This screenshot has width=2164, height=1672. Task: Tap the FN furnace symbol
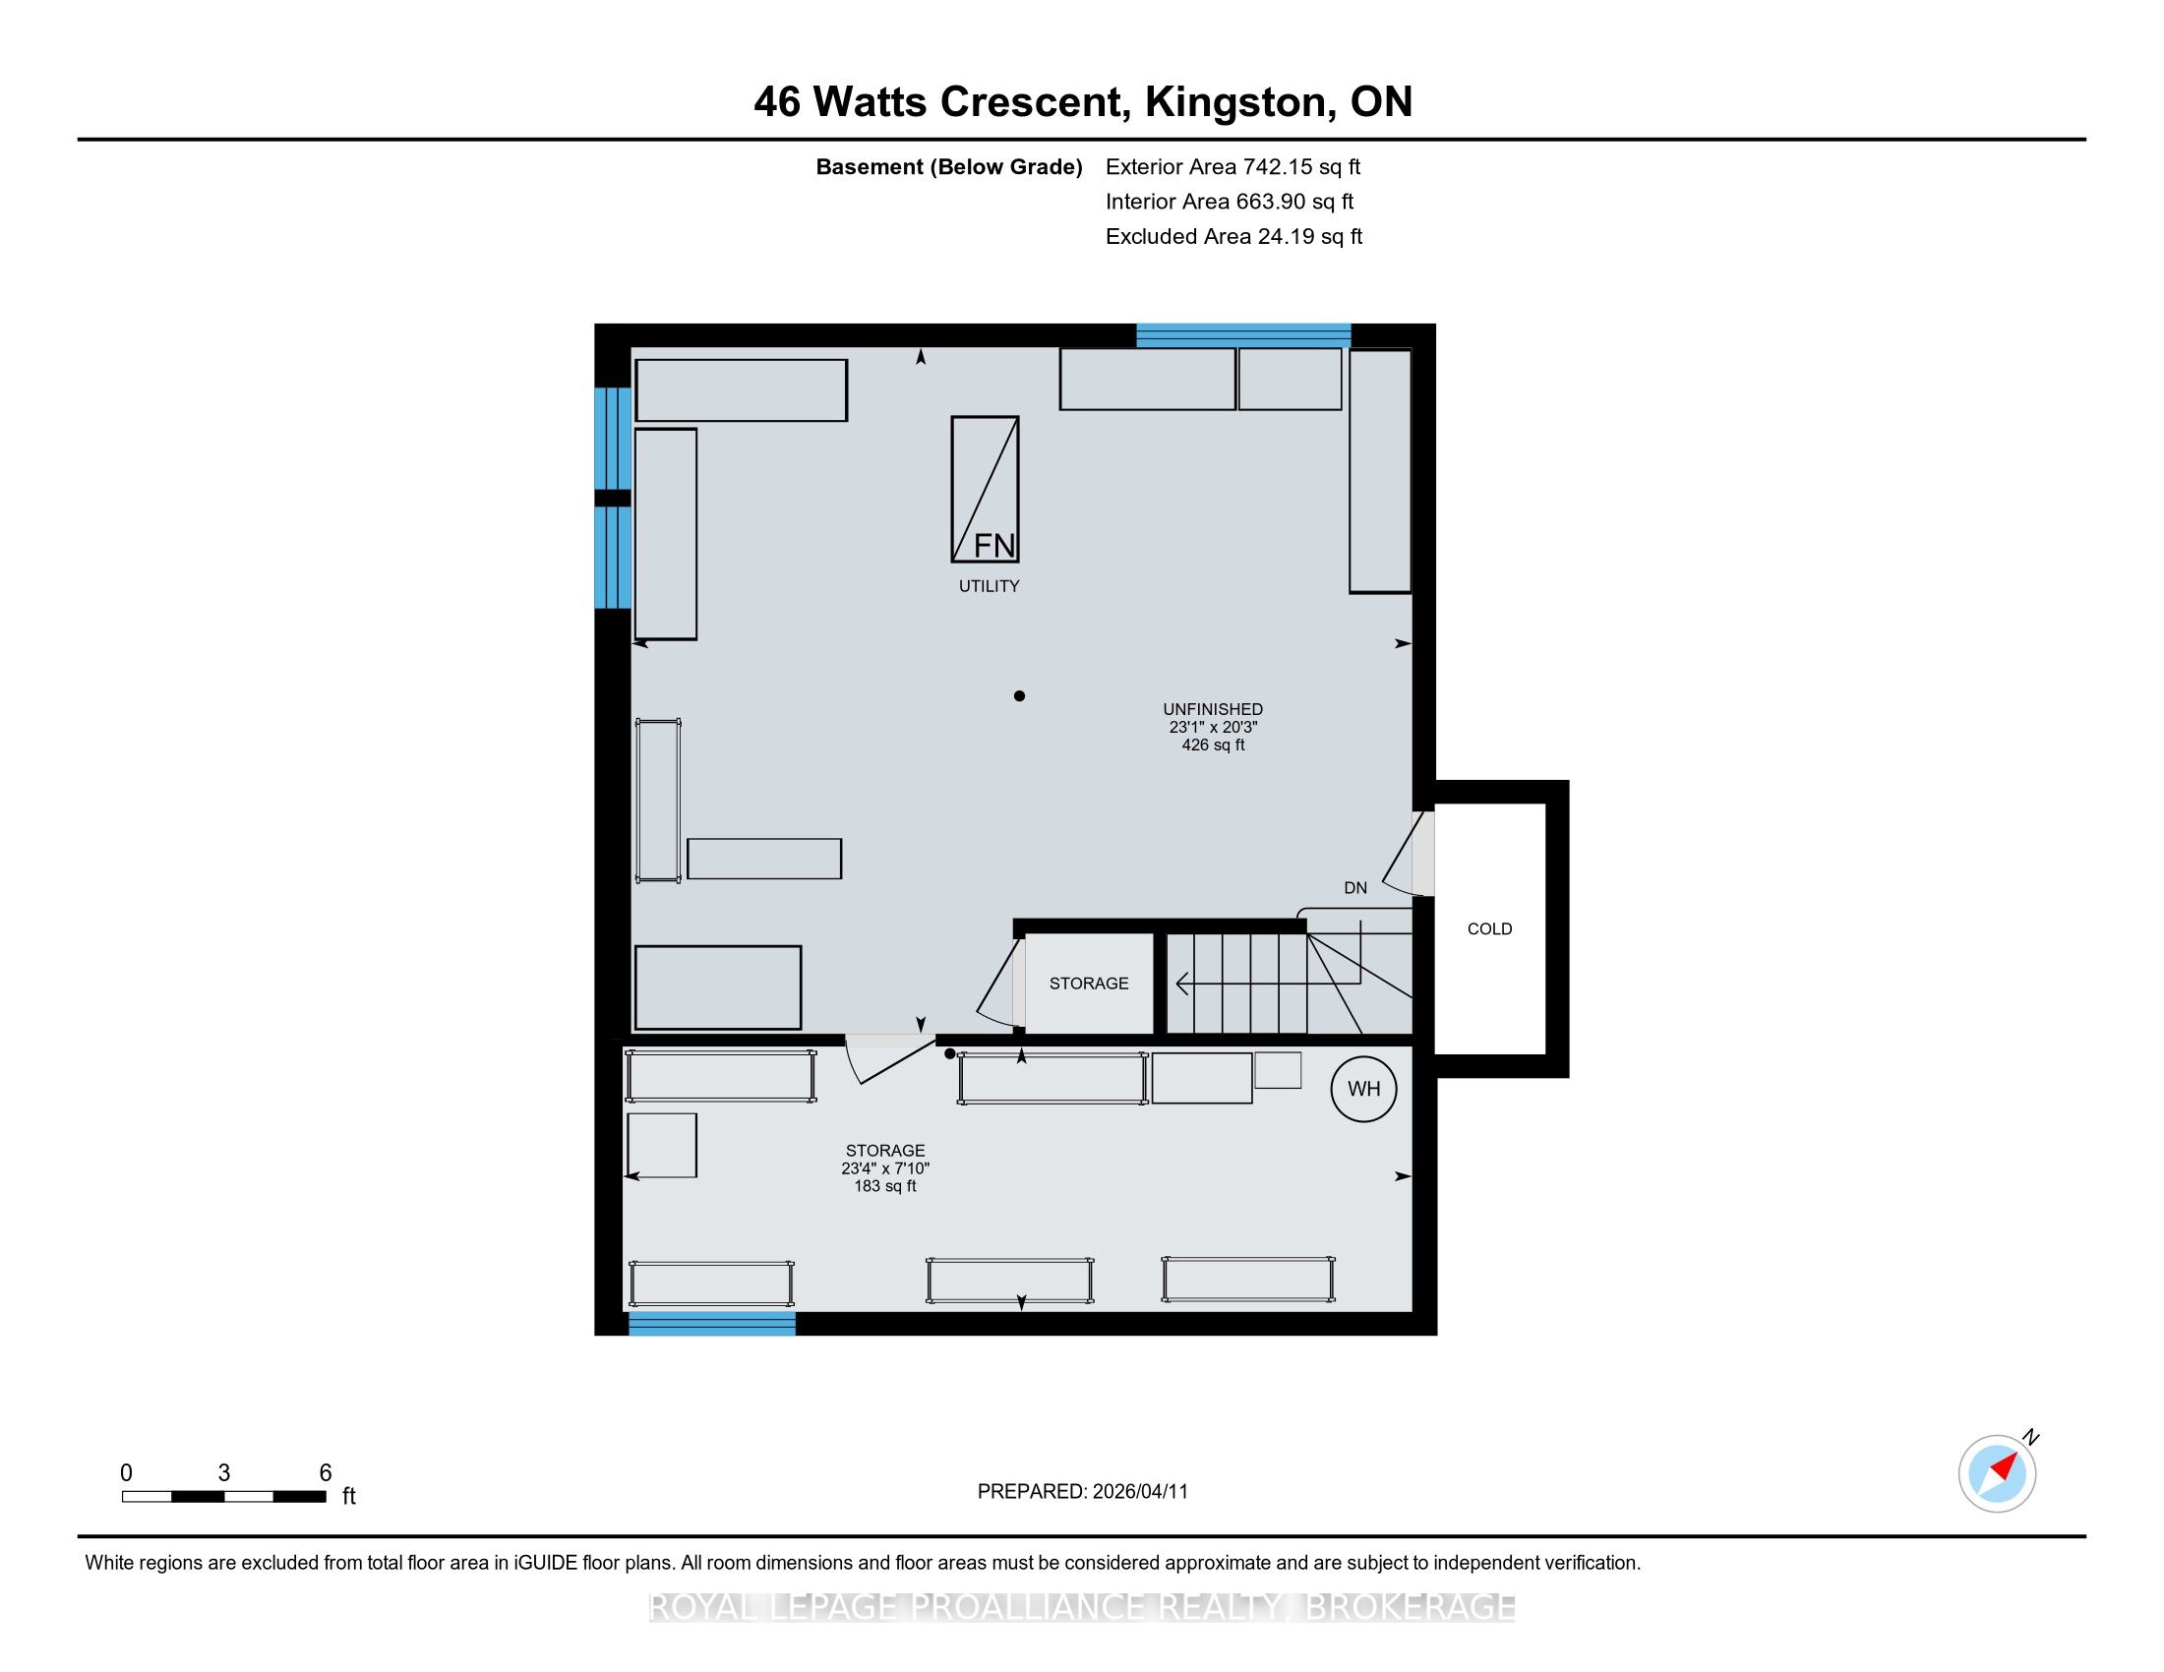(985, 490)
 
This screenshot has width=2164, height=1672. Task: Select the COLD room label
(1489, 929)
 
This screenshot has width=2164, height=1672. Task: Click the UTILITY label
(989, 586)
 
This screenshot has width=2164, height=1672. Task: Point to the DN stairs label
(1355, 887)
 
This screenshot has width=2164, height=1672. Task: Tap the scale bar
(225, 1497)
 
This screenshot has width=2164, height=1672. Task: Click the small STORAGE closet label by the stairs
(1089, 984)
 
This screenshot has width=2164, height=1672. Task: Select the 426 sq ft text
(1213, 745)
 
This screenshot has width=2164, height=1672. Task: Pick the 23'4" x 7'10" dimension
(885, 1168)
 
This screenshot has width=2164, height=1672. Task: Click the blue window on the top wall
(1243, 335)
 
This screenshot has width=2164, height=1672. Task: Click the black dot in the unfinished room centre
(1019, 696)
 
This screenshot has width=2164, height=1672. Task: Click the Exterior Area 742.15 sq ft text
(1233, 166)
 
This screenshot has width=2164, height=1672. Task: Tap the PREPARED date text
(1082, 1492)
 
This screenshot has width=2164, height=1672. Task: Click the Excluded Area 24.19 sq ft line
(1234, 236)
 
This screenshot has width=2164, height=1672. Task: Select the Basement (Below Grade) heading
(948, 167)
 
